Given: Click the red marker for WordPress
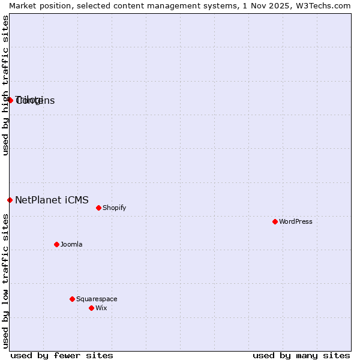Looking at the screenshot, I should click(275, 221).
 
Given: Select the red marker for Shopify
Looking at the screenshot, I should click(98, 208).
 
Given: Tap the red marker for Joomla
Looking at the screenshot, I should click(56, 244).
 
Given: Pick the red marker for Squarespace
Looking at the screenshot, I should click(72, 299).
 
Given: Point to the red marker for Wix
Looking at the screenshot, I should click(91, 308).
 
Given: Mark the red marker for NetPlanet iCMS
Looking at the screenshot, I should click(10, 200).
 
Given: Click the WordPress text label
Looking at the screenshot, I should click(296, 221).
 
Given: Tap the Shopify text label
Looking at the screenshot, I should click(114, 208).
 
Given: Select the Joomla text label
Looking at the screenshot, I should click(71, 244).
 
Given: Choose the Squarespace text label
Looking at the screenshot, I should click(97, 299).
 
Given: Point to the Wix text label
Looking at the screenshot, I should click(101, 308).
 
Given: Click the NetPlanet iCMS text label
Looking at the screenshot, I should click(52, 200).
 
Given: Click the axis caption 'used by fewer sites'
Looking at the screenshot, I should click(62, 355).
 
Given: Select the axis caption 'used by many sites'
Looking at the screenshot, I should click(301, 355).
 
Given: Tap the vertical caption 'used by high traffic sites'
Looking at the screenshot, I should click(5, 85).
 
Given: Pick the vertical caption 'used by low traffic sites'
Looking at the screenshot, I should click(5, 281).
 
